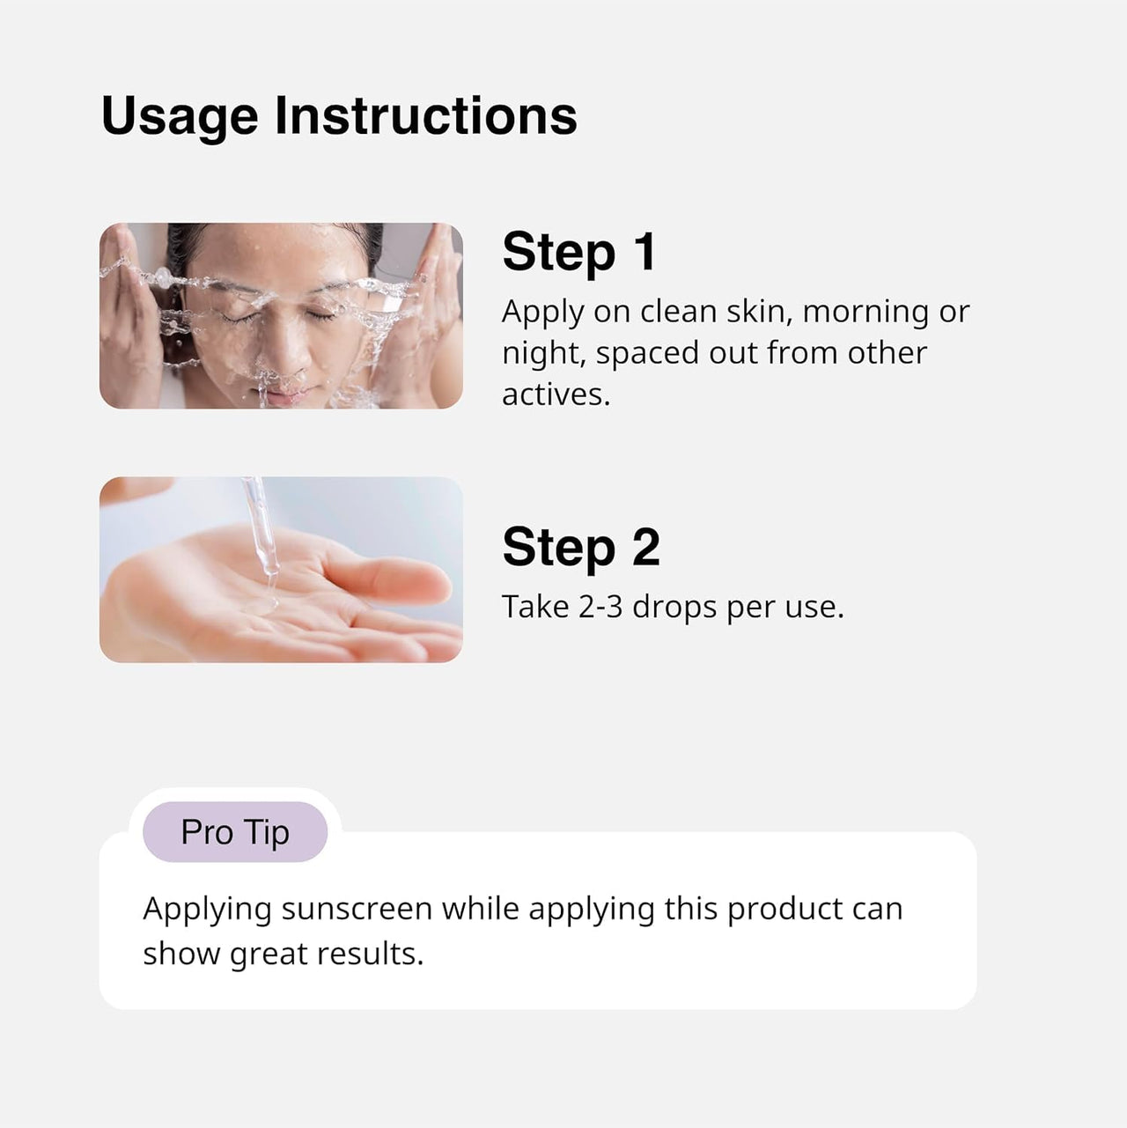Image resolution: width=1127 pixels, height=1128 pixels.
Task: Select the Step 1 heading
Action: pyautogui.click(x=579, y=252)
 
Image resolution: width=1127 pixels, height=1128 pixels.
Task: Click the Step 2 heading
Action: pyautogui.click(x=580, y=547)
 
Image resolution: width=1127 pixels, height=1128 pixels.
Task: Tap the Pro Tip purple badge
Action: pyautogui.click(x=235, y=832)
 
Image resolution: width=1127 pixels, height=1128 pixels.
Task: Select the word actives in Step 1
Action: pyautogui.click(x=554, y=394)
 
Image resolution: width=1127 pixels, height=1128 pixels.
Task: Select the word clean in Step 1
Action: pyautogui.click(x=678, y=311)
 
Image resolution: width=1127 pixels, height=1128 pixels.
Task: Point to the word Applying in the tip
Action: pyautogui.click(x=207, y=909)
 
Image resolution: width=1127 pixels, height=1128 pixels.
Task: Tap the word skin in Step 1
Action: pyautogui.click(x=755, y=311)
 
